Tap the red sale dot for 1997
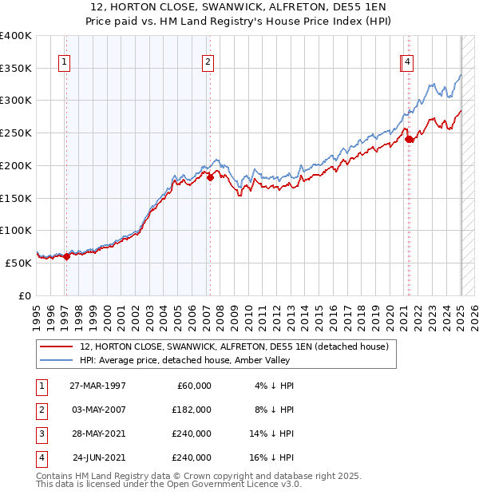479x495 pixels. click(x=67, y=256)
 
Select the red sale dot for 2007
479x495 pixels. click(x=210, y=177)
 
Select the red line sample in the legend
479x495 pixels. click(x=56, y=346)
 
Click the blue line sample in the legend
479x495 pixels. click(x=56, y=361)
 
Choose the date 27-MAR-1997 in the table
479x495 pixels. click(x=98, y=386)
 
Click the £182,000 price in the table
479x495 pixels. click(x=192, y=410)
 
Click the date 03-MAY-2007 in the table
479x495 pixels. click(x=98, y=410)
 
